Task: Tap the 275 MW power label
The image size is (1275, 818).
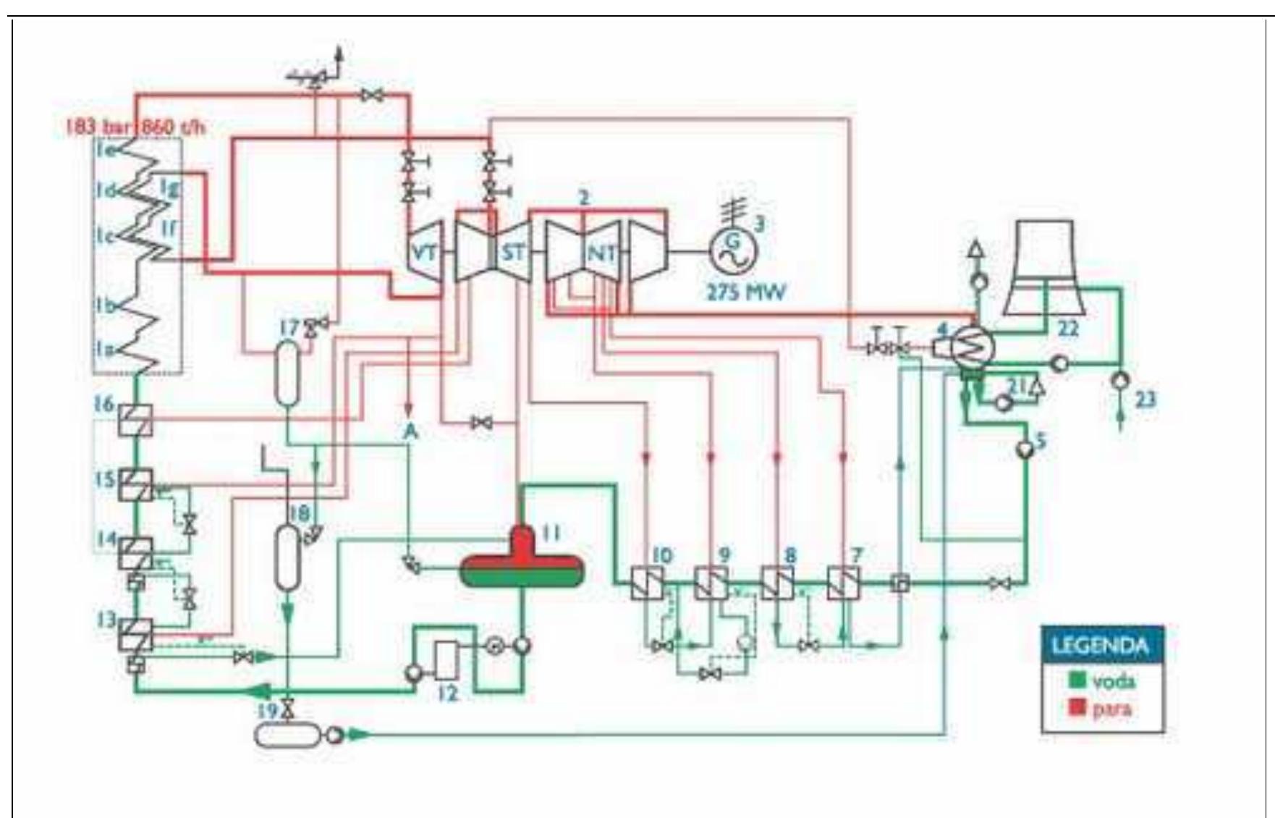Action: (x=745, y=292)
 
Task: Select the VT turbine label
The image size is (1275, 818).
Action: (x=424, y=252)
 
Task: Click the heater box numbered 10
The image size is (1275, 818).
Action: (x=646, y=582)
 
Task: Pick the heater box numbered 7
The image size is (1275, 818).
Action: (x=843, y=582)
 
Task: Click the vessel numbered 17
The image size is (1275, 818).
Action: (x=287, y=372)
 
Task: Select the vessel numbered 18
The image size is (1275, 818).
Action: (x=287, y=556)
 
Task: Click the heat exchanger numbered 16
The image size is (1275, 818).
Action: (x=135, y=421)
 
